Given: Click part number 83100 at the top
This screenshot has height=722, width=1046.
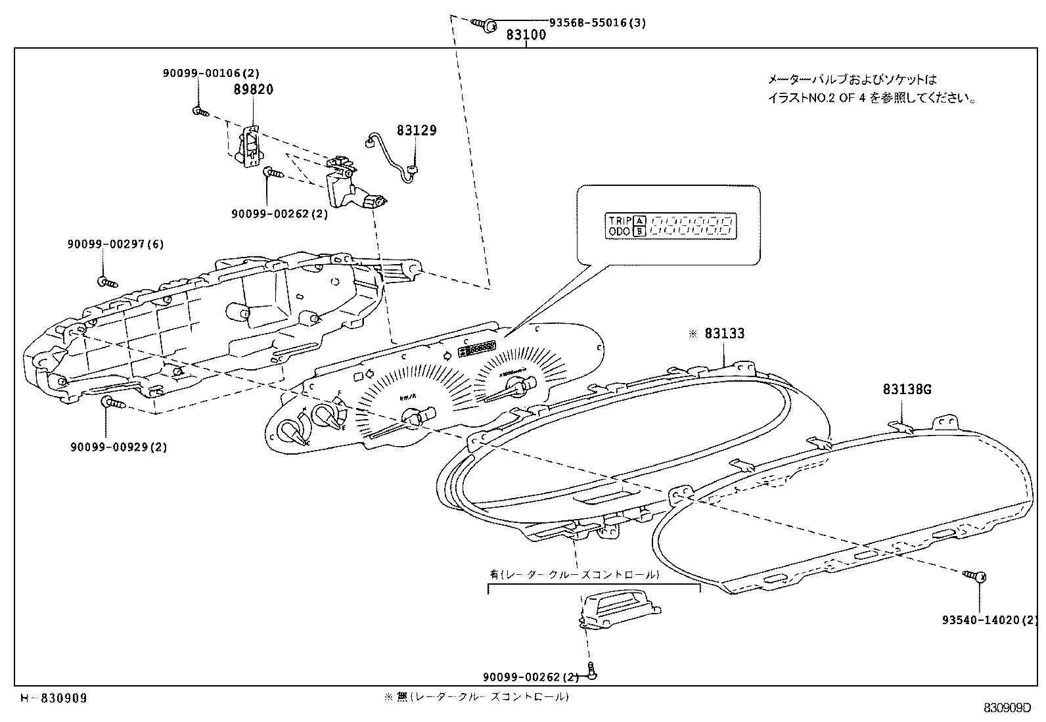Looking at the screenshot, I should click(x=526, y=35).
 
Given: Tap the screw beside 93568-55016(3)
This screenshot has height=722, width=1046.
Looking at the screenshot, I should click(x=486, y=24).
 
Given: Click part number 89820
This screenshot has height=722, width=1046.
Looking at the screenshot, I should click(x=253, y=89).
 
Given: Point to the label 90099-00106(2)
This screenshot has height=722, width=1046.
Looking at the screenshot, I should click(x=211, y=74).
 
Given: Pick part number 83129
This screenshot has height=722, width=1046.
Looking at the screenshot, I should click(x=416, y=131).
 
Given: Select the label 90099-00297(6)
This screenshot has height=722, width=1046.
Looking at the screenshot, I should click(x=116, y=244).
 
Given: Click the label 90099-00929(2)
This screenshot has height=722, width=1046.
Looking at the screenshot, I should click(x=119, y=447).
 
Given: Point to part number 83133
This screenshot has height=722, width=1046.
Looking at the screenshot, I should click(x=725, y=334).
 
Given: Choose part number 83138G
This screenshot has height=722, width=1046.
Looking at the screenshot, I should click(x=907, y=390).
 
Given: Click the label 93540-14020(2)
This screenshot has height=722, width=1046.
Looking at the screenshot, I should click(x=989, y=620).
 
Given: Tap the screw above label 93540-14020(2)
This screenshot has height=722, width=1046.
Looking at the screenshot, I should click(x=976, y=577).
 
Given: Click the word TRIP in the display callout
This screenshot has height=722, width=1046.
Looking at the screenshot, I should click(x=619, y=221).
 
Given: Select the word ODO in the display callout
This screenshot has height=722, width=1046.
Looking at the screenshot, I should click(x=619, y=231).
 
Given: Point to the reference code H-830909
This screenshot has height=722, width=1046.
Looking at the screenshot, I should click(x=53, y=698).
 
